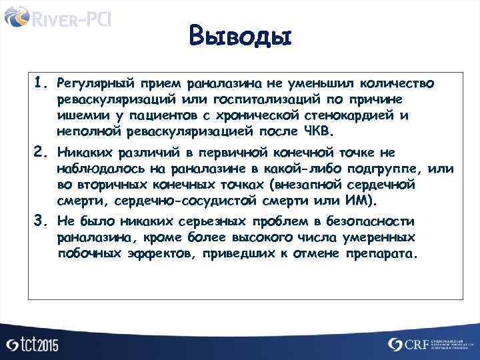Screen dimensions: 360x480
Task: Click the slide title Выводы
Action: [240, 35]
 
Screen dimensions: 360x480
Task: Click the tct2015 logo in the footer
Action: [32, 344]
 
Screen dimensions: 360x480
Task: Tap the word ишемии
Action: [81, 115]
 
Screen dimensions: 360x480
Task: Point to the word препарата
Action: [383, 254]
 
